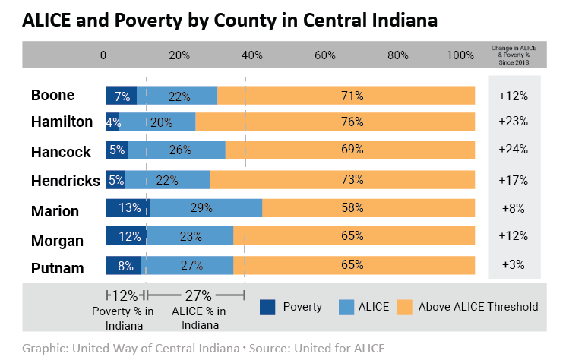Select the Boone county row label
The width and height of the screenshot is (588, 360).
click(x=52, y=96)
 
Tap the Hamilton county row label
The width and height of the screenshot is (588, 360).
click(x=62, y=122)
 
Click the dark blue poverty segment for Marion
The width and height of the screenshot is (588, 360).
click(x=127, y=208)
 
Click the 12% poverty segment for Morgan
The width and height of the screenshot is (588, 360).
click(x=126, y=236)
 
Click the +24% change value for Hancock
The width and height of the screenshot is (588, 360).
click(x=513, y=150)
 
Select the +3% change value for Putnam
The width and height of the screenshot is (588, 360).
click(x=513, y=266)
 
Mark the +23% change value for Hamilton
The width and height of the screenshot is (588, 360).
click(x=513, y=122)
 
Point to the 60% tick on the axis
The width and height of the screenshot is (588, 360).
click(x=324, y=55)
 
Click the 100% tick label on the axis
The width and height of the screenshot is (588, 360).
click(x=460, y=55)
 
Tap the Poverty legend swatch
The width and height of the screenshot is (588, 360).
click(x=267, y=307)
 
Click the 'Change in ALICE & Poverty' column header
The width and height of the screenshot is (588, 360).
click(x=514, y=55)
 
